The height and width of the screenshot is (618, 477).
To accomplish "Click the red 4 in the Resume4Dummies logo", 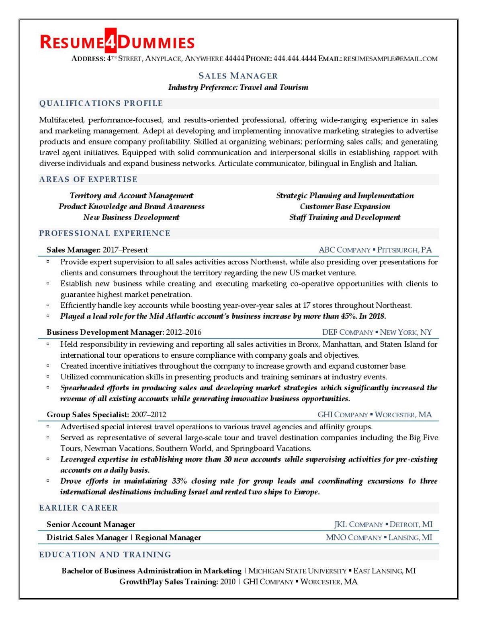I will tap(111, 41).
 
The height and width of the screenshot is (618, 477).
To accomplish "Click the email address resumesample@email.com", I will tap(390, 59).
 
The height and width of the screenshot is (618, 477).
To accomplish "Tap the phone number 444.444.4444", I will tap(295, 59).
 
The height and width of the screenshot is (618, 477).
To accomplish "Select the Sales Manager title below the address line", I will tap(238, 76).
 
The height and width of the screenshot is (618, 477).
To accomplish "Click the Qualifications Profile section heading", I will tap(101, 103).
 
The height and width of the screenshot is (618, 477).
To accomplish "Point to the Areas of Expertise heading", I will tap(88, 179).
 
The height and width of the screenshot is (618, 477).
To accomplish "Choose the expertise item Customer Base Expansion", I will tap(345, 206).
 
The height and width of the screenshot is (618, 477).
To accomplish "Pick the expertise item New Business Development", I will tap(131, 217).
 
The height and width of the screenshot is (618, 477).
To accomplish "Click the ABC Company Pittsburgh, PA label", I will tap(375, 250).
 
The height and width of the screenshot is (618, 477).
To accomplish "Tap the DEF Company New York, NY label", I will tap(377, 332).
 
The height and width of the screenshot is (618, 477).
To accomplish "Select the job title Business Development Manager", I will tap(105, 332).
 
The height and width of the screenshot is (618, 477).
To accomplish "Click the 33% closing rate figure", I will tap(179, 481).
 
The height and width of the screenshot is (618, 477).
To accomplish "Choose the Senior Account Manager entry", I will tap(91, 524).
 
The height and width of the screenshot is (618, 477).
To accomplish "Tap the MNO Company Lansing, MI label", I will tap(379, 538).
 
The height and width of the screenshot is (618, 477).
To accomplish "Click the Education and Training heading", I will tap(105, 555).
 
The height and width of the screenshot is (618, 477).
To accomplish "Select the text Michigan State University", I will tap(297, 571).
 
